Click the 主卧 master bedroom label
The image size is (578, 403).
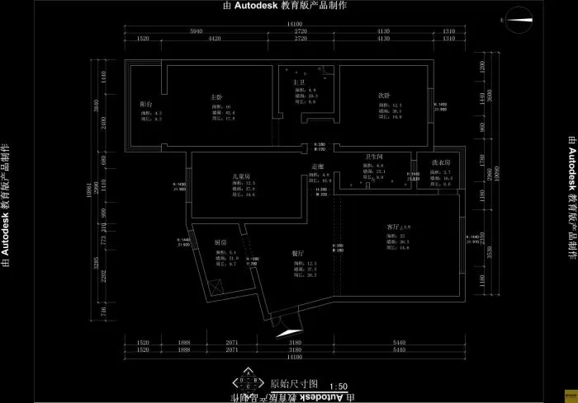click(x=216, y=97)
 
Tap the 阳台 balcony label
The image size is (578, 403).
click(x=145, y=104)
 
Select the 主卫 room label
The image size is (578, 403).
click(x=299, y=82)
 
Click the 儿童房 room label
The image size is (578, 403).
click(x=241, y=176)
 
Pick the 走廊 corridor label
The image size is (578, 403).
click(x=317, y=167)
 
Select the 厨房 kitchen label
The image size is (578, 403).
click(x=220, y=242)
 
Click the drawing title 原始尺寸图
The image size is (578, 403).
click(x=288, y=384)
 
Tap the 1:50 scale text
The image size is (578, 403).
click(x=339, y=386)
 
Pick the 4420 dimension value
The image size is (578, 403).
click(x=214, y=39)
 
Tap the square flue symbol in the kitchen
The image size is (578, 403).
click(x=216, y=288)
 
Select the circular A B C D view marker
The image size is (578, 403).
click(x=244, y=382)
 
